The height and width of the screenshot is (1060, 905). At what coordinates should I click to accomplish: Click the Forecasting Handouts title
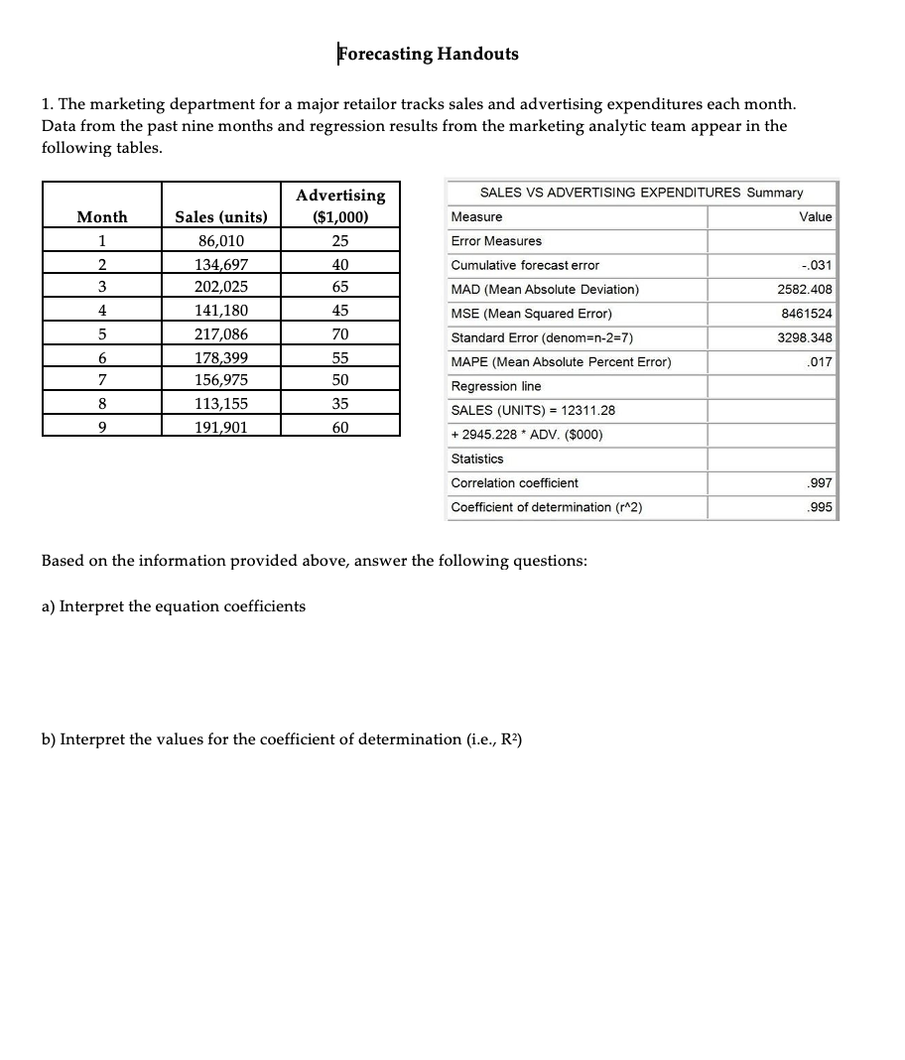[x=428, y=54]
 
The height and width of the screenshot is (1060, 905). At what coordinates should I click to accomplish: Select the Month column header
[x=102, y=217]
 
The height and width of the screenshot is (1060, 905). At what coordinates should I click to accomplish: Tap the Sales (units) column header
[x=221, y=217]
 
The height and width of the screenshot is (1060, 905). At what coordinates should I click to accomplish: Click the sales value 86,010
[x=221, y=241]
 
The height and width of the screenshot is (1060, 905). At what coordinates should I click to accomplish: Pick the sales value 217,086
[x=221, y=334]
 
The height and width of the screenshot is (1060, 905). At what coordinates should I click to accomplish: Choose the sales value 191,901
[x=221, y=427]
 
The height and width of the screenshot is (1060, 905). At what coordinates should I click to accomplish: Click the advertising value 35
[x=340, y=404]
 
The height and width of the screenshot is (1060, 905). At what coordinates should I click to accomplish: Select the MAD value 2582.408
[x=805, y=290]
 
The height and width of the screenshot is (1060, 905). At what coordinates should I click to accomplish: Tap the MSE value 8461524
[x=809, y=314]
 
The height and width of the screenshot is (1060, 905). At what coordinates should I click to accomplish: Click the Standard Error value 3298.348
[x=805, y=337]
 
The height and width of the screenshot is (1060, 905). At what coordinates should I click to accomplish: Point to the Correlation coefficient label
[x=514, y=483]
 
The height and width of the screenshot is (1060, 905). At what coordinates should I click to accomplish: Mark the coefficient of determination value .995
[x=821, y=507]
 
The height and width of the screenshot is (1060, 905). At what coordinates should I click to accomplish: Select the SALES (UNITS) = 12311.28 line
[x=526, y=410]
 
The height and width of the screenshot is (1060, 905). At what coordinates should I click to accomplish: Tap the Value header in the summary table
[x=816, y=217]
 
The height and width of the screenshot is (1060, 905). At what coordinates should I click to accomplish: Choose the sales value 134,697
[x=221, y=265]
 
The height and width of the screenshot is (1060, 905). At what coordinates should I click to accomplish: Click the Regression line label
[x=496, y=386]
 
